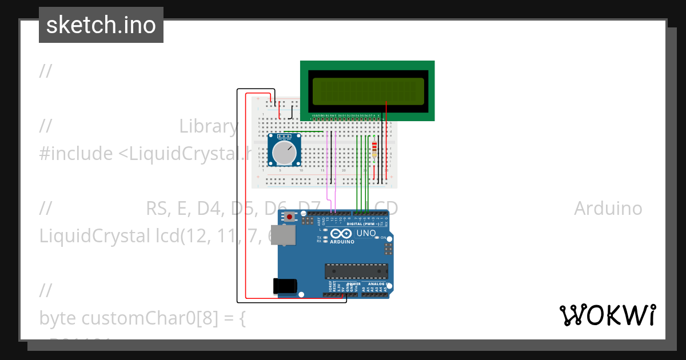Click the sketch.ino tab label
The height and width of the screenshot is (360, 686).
click(x=101, y=25)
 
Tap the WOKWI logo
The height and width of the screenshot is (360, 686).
click(x=607, y=315)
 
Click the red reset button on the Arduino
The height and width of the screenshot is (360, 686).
click(x=290, y=217)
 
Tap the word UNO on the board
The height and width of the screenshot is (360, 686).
click(x=366, y=233)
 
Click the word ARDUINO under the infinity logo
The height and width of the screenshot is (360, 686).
click(x=342, y=242)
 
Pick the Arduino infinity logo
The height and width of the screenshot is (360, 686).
click(x=342, y=234)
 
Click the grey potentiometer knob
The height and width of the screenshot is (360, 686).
click(x=284, y=153)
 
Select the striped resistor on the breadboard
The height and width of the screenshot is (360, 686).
click(x=374, y=149)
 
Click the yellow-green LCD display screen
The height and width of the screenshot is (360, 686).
click(x=368, y=91)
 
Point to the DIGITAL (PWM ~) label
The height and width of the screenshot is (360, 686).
click(x=363, y=224)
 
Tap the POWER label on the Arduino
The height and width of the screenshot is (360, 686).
click(x=353, y=283)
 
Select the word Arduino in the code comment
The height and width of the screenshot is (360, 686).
click(x=608, y=209)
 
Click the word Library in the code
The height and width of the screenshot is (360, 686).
click(x=208, y=126)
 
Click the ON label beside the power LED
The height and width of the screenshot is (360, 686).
click(x=384, y=237)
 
